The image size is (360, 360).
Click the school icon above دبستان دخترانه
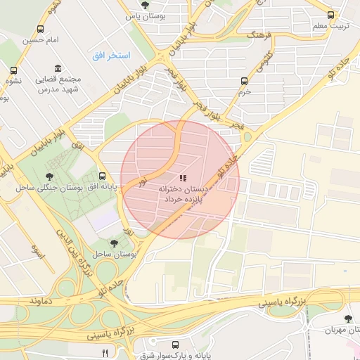tap(183, 179)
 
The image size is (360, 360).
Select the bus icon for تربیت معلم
tap(331, 15)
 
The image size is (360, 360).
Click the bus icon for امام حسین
tap(41, 30)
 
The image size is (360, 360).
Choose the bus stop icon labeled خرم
tap(244, 81)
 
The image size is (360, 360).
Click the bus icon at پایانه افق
tap(103, 176)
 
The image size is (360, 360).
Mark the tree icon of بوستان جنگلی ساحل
tap(49, 176)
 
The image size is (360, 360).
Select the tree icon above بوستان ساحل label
tap(115, 242)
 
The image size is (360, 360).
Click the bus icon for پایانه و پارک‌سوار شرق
tap(175, 345)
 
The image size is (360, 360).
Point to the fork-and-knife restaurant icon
tap(105, 352)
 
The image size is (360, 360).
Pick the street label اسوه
tap(38, 251)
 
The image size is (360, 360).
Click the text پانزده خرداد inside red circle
tap(184, 200)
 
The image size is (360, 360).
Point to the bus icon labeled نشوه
tap(13, 70)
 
